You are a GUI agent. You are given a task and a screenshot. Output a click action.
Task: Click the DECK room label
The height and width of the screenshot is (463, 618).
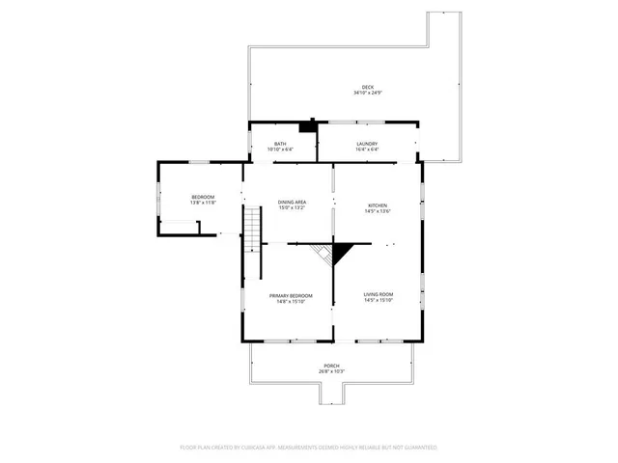click(x=368, y=87)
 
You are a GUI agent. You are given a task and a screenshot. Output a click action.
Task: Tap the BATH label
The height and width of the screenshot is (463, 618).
click(x=280, y=144)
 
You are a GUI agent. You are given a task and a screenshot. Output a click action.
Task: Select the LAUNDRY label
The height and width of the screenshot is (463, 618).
click(x=367, y=144)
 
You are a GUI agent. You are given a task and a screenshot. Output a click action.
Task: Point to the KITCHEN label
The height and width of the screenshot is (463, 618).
click(x=377, y=204)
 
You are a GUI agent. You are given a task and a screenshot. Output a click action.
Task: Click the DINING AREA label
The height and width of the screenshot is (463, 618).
click(x=292, y=202)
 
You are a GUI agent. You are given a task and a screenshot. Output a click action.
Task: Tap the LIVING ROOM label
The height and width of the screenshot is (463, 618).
click(x=378, y=294)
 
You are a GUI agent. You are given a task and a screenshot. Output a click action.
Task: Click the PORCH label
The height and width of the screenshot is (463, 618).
click(x=331, y=366)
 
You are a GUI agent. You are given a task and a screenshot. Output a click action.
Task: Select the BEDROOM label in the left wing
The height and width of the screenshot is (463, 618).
click(x=203, y=197)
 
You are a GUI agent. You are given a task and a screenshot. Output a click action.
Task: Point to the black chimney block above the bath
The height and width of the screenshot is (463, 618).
click(x=308, y=124)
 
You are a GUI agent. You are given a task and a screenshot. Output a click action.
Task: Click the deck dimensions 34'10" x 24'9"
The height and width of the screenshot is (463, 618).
click(x=368, y=93)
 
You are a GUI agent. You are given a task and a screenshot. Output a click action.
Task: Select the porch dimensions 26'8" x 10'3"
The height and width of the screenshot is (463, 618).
click(x=331, y=371)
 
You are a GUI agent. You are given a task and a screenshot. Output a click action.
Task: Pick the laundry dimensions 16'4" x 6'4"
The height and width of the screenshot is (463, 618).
click(x=367, y=150)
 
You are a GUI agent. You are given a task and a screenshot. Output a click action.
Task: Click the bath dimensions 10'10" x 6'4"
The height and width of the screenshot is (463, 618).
click(x=280, y=150)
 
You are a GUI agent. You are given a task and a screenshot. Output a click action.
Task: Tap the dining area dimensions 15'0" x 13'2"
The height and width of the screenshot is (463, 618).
click(x=292, y=207)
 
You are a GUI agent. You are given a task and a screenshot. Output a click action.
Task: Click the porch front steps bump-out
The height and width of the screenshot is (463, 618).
click(x=331, y=394)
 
